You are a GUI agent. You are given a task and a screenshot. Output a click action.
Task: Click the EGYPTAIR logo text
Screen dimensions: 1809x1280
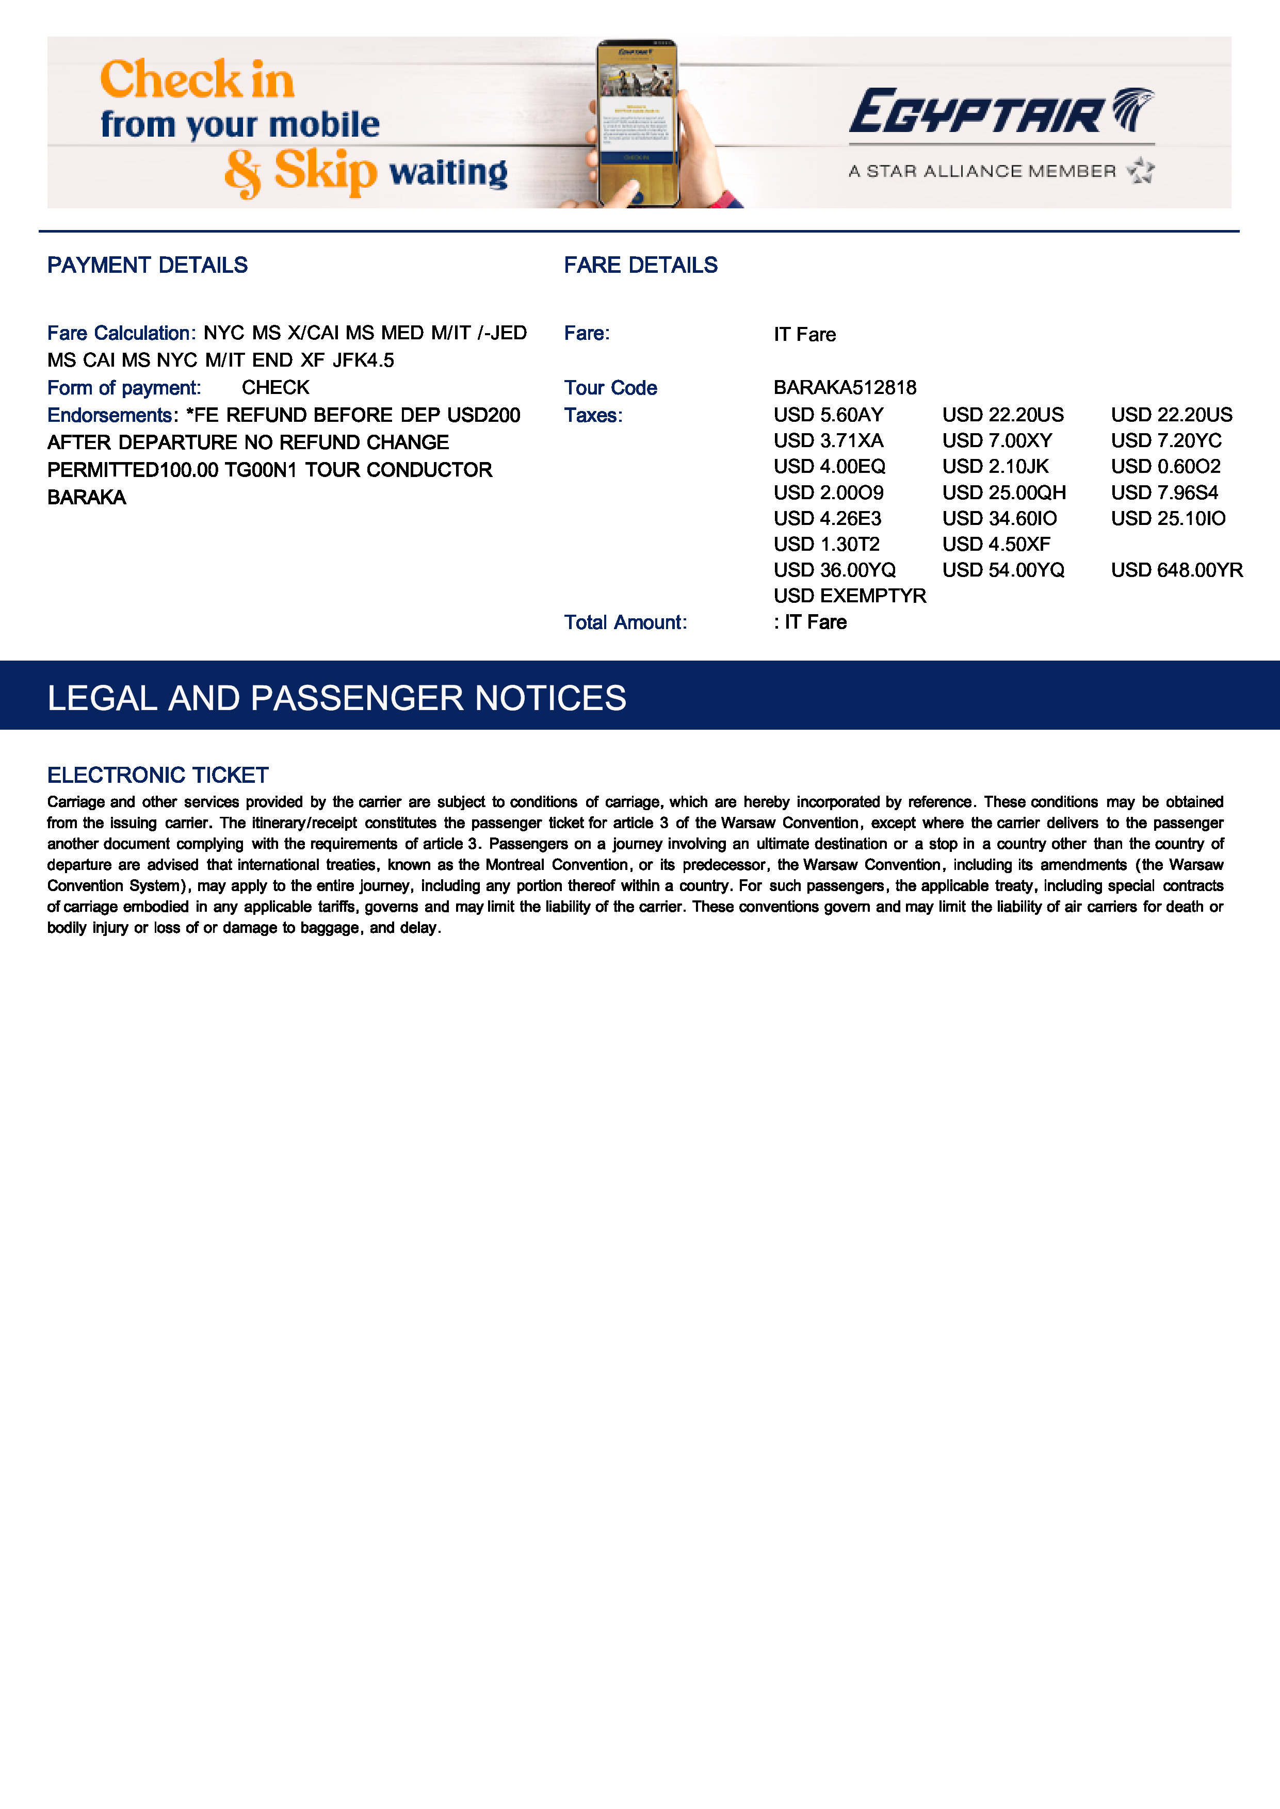click(x=977, y=112)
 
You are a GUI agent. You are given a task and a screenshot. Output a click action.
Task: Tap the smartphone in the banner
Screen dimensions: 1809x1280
click(x=637, y=122)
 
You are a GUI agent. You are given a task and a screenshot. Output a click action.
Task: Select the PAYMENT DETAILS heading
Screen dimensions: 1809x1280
click(x=148, y=266)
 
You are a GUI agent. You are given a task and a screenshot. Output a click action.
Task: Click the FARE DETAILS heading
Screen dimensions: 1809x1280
click(x=640, y=266)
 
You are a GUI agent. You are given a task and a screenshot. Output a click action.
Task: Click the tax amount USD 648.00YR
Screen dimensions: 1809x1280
click(x=1176, y=570)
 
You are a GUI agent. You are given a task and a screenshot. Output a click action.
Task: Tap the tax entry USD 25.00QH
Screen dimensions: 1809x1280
click(x=1003, y=492)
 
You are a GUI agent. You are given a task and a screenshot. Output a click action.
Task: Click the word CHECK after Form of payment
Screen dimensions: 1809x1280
click(x=275, y=388)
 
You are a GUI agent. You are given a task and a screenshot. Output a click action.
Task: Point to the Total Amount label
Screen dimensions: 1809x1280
click(x=625, y=622)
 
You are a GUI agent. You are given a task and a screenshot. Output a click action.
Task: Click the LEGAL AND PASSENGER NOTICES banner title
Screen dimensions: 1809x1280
click(x=336, y=698)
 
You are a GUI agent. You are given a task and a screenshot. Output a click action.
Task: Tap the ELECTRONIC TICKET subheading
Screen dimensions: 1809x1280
click(x=158, y=775)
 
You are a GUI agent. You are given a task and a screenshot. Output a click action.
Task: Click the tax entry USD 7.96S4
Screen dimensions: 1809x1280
click(x=1164, y=492)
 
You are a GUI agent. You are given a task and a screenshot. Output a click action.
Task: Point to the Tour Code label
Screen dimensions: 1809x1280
click(x=610, y=388)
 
